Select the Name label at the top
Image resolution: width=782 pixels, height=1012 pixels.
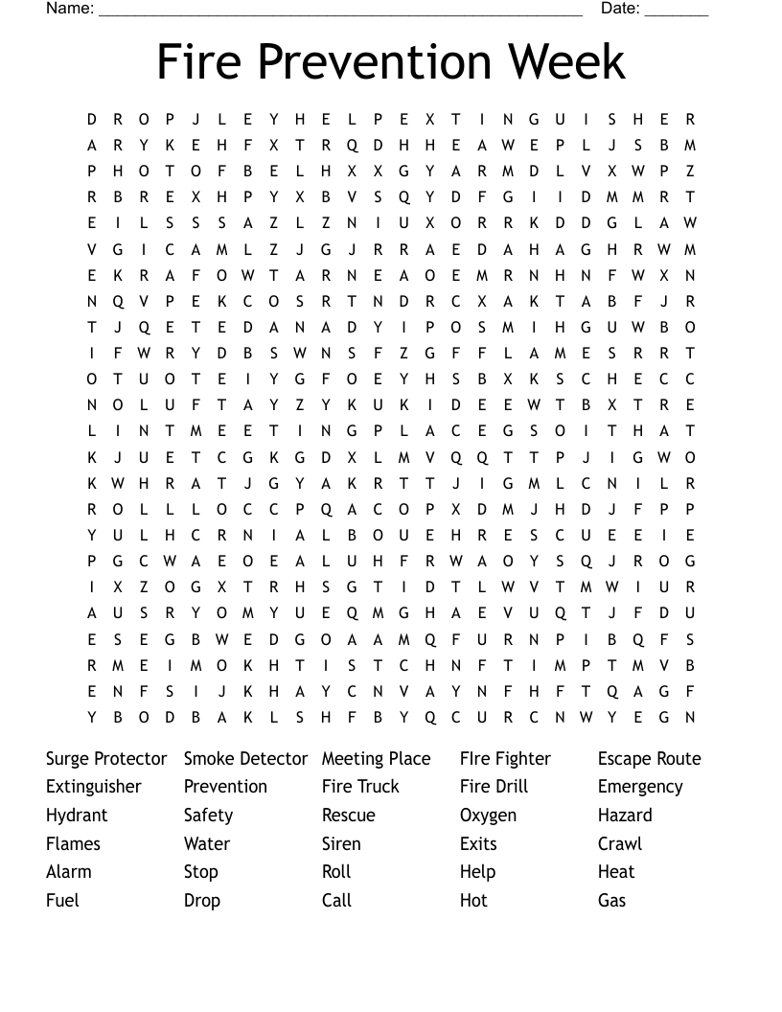click(70, 9)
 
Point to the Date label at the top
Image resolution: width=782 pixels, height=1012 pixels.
click(620, 9)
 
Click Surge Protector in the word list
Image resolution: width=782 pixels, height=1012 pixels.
click(106, 759)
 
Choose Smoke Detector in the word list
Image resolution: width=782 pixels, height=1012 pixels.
click(245, 759)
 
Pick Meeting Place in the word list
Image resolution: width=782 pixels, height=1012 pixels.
click(376, 759)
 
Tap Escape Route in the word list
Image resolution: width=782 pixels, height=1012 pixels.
click(649, 759)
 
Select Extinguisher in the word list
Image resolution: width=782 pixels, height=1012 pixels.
click(93, 787)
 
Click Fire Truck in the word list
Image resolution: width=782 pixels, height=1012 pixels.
click(360, 787)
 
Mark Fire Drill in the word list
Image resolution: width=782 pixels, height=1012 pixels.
click(494, 787)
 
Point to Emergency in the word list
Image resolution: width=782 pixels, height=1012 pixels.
click(640, 788)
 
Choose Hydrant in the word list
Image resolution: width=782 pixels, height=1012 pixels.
click(77, 816)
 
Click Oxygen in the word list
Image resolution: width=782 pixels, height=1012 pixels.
click(488, 816)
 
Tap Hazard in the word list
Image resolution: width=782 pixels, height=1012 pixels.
click(625, 816)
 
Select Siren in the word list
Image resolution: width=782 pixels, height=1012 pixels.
click(341, 844)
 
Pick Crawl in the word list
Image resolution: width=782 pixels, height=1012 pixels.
click(620, 844)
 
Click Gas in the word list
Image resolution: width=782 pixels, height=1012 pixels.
click(611, 901)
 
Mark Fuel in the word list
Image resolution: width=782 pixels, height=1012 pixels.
click(62, 901)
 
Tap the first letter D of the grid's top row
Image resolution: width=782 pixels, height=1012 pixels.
click(92, 120)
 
